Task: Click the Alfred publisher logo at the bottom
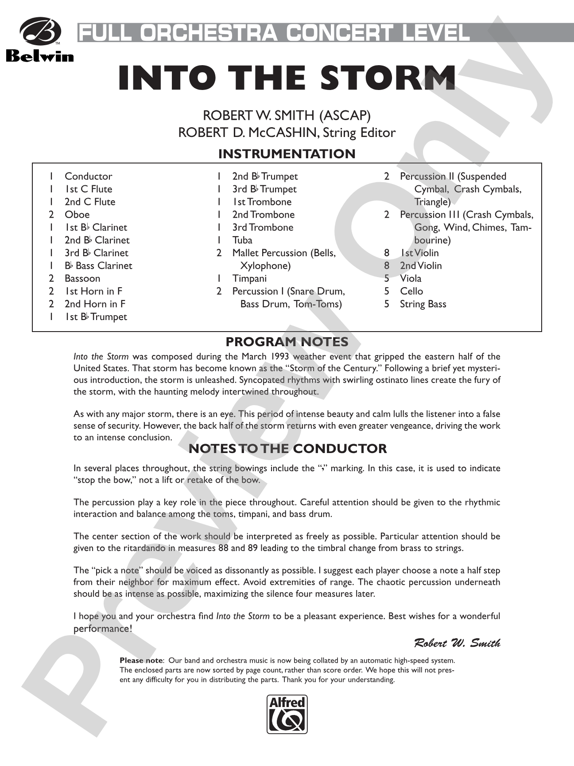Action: (287, 714)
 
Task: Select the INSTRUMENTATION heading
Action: (287, 154)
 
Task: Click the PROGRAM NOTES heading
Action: (287, 342)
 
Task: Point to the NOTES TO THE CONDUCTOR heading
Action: (287, 449)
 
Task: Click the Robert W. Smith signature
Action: (457, 643)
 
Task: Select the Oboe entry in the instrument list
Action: (77, 215)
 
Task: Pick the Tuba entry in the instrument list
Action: (242, 240)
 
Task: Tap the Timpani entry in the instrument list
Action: (249, 278)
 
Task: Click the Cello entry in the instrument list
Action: (411, 291)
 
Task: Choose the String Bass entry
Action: (423, 304)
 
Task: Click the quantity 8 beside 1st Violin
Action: (387, 253)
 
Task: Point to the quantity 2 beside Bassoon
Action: (51, 278)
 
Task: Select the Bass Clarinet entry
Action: (98, 266)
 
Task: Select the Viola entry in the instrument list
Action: (411, 278)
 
